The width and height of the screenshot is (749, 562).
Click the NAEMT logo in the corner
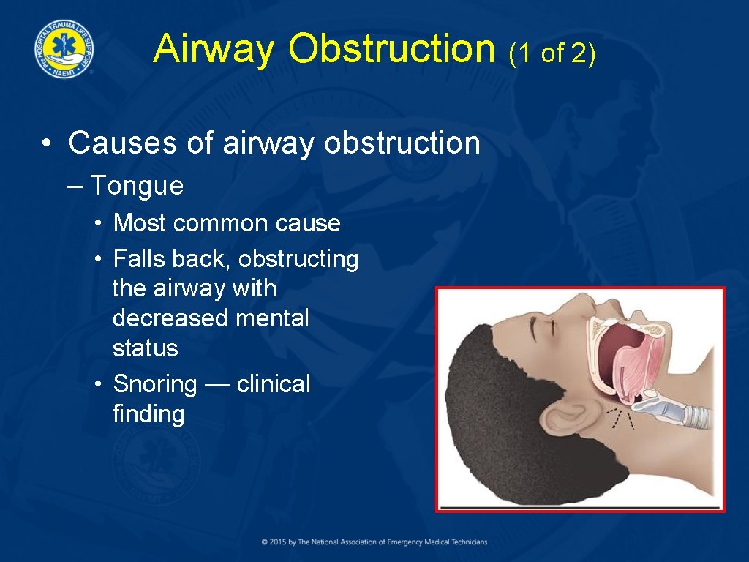click(63, 49)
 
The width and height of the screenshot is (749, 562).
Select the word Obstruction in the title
click(391, 49)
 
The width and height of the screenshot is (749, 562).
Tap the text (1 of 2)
click(553, 52)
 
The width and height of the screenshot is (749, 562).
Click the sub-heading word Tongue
click(137, 186)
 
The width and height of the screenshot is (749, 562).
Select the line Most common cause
click(227, 222)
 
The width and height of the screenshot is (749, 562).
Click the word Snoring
click(155, 384)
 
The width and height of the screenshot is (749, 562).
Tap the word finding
click(148, 414)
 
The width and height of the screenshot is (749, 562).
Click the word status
click(146, 348)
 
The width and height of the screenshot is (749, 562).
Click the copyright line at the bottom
click(374, 542)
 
